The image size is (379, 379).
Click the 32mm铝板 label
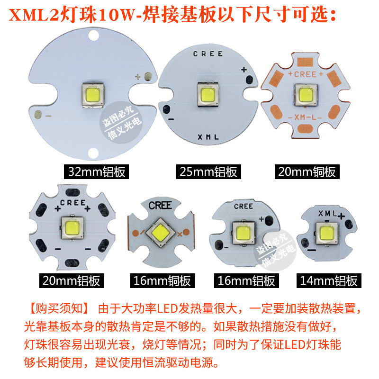pos(97,171)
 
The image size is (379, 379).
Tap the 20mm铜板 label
pos(307,171)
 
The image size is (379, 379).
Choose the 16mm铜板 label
pos(162,280)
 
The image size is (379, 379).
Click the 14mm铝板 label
pos(328,280)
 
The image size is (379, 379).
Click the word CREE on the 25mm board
pos(208,54)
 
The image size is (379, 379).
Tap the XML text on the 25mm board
pos(208,137)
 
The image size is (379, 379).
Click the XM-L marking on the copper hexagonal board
pos(305,117)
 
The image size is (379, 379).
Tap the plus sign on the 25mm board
pos(244,70)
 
